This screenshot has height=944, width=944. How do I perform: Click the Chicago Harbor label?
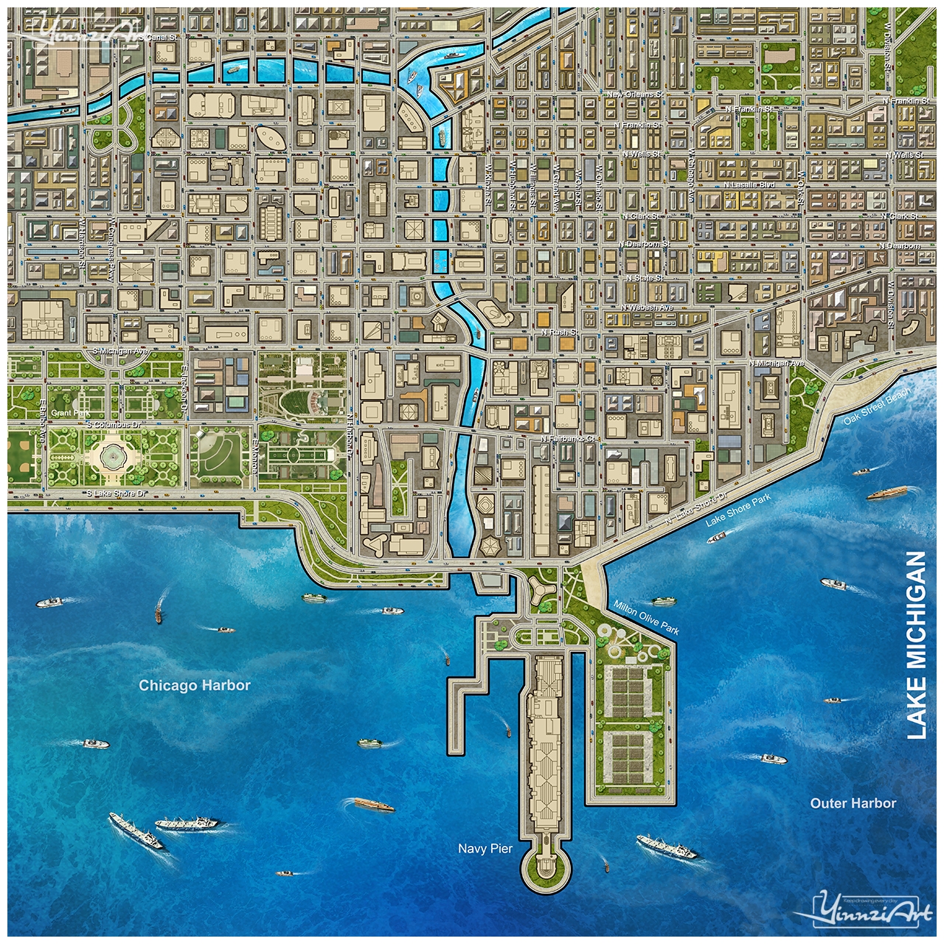195,685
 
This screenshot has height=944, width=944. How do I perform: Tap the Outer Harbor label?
853,803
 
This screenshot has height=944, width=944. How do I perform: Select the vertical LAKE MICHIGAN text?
915,645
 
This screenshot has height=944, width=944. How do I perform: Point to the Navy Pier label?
485,848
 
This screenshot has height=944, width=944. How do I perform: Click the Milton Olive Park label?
646,617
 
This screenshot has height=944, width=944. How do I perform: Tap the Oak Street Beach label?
877,406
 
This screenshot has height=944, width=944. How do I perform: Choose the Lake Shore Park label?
737,510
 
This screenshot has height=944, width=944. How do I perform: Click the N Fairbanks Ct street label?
567,439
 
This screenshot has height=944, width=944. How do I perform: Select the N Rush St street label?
560,333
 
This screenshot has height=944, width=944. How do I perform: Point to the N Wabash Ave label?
647,308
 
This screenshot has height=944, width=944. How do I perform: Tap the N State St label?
645,278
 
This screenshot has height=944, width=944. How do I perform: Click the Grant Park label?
71,413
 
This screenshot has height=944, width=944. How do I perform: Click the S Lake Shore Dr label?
116,493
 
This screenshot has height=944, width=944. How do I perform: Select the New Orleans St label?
635,94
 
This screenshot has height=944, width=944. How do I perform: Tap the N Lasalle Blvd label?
749,185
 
